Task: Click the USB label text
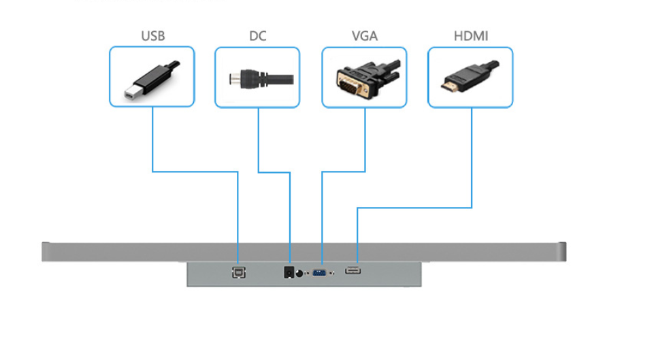152,36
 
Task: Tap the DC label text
257,36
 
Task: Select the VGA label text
364,36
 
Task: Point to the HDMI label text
470,36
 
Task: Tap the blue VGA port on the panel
319,273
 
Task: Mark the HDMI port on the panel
353,272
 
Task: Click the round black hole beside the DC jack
299,273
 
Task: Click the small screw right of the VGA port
331,274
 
